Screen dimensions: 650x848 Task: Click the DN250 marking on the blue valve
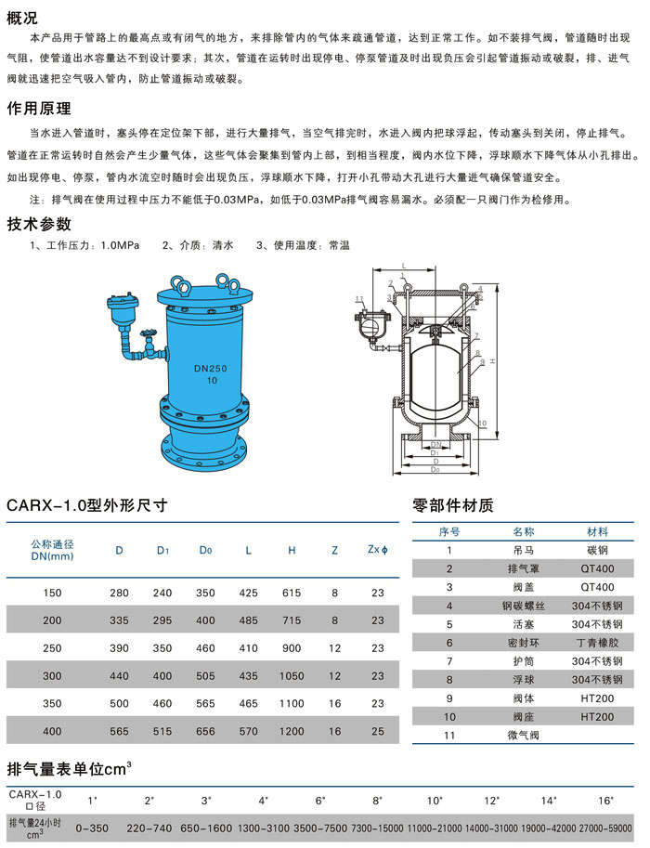pos(211,369)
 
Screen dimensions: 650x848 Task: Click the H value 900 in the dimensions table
pos(292,648)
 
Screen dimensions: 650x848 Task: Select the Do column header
pos(205,550)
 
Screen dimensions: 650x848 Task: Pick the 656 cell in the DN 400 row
pos(205,731)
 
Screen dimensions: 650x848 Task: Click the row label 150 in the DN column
pos(52,593)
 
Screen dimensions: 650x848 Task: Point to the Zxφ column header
pos(377,550)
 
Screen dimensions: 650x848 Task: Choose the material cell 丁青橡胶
pos(597,643)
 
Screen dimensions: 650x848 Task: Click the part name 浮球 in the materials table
pos(523,679)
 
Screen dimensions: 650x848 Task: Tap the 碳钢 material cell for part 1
pos(597,550)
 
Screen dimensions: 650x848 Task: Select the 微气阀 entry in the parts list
pos(523,735)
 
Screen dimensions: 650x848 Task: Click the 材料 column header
pos(597,531)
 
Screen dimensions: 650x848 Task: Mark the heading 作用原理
pos(39,108)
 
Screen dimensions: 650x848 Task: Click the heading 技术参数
pos(39,223)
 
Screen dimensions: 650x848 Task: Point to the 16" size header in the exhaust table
pos(605,801)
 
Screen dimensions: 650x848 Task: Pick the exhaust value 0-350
pos(92,828)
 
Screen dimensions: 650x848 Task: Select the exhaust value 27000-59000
pos(605,828)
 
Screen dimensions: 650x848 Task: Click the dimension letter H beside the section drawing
pos(492,360)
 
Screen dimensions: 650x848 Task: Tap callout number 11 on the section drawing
pos(359,299)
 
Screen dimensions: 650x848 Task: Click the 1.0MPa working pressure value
pos(120,245)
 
